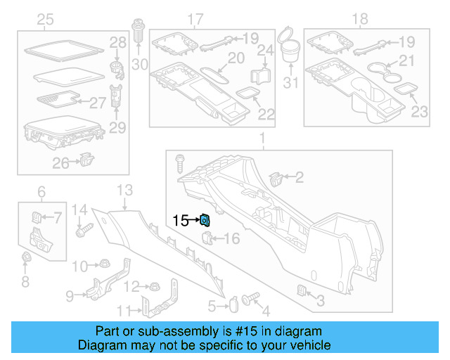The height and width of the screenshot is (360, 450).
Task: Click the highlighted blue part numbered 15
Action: (x=205, y=220)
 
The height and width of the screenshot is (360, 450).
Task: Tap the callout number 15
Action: (x=181, y=220)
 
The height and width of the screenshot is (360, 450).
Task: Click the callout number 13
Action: (x=124, y=190)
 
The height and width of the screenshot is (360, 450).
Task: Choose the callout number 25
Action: (x=46, y=18)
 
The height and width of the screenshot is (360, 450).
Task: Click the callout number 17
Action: (x=195, y=18)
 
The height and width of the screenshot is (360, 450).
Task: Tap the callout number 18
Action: (x=359, y=18)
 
